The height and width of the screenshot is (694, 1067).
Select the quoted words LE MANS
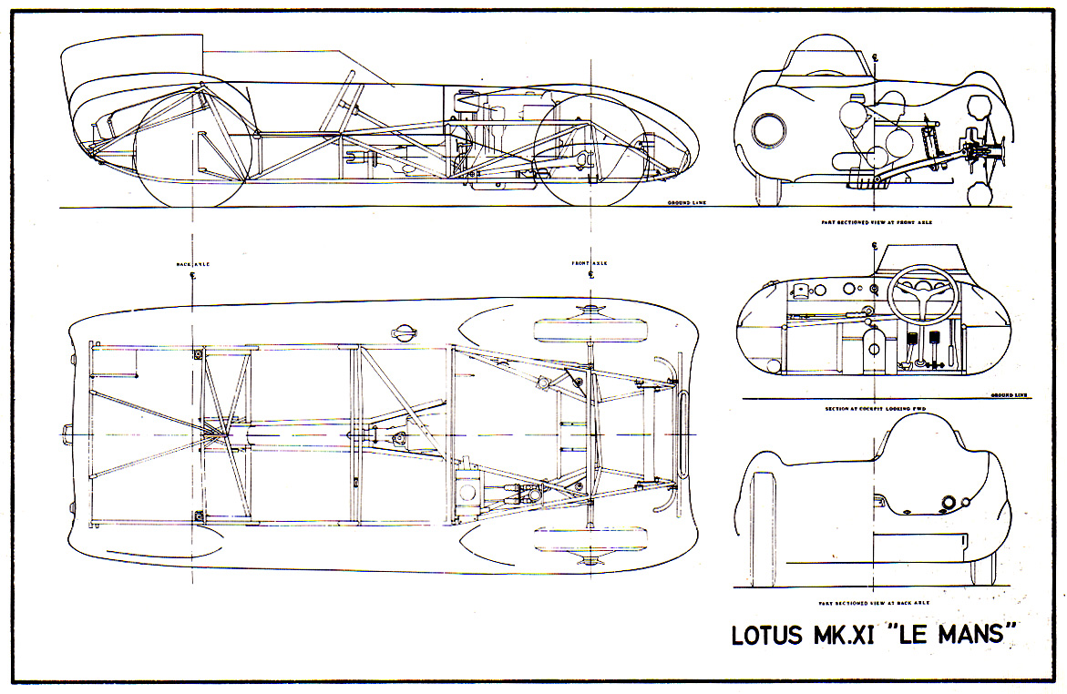952,634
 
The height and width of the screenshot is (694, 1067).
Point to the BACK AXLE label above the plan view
193,264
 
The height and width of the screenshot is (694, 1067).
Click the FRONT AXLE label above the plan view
590,264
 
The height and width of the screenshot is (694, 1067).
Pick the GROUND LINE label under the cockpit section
1008,395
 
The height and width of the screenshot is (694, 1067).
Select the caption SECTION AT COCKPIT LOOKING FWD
874,408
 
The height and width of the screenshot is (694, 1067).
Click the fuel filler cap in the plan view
402,332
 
